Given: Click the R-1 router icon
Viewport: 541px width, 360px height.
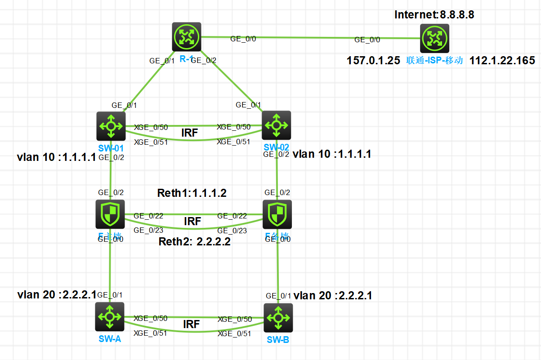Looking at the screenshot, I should [x=186, y=37].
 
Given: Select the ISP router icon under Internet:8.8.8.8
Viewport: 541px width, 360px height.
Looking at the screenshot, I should [x=434, y=39].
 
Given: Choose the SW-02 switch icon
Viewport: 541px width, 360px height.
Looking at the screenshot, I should [x=276, y=125].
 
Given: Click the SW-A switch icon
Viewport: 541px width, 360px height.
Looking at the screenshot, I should [x=109, y=317].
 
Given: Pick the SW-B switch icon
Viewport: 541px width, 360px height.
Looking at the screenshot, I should [x=278, y=318].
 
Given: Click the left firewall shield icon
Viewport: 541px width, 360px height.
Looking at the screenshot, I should [x=111, y=214].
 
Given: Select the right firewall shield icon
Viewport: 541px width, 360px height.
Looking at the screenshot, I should [x=277, y=214].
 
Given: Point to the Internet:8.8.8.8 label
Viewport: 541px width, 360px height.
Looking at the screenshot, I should [x=434, y=14].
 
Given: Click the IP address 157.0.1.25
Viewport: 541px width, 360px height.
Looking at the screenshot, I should [x=373, y=61].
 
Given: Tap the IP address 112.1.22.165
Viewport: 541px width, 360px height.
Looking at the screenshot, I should [x=502, y=61].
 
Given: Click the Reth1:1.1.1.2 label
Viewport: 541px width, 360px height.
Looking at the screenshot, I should [x=192, y=193].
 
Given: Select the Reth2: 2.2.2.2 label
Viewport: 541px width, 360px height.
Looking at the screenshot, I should [x=195, y=242].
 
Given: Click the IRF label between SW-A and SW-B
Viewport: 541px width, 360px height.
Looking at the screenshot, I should [x=191, y=324].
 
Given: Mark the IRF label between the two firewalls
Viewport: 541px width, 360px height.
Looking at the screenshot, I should [x=192, y=221].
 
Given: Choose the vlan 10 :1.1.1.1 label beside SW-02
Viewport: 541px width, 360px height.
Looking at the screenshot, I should [x=332, y=154].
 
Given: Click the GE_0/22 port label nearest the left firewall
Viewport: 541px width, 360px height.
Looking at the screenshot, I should [x=148, y=216].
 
